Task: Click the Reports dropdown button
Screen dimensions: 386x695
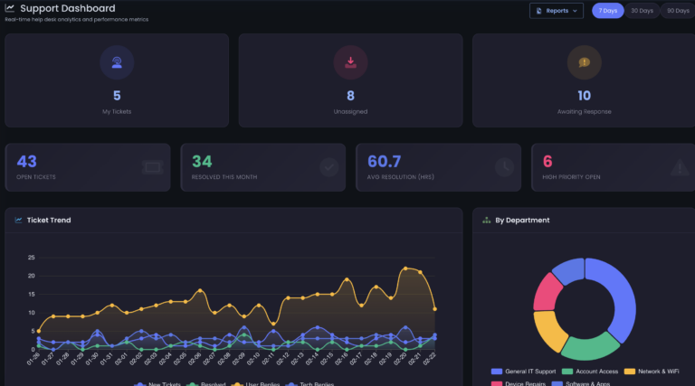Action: pos(556,11)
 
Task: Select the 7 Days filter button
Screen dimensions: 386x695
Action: pos(607,11)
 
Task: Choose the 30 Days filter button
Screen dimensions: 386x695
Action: pos(642,11)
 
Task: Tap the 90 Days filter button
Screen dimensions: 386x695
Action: pos(677,11)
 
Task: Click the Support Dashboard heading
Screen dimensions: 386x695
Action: pos(67,8)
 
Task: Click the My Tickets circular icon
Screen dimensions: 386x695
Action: pos(117,62)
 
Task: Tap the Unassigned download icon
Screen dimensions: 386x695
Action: pos(350,62)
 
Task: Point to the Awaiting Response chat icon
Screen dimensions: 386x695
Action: pos(584,62)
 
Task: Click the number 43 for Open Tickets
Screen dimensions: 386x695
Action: pos(27,161)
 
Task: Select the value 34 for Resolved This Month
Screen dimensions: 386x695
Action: pos(202,161)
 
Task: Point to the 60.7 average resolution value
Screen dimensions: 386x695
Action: pos(384,161)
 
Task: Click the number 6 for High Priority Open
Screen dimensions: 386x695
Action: pos(547,161)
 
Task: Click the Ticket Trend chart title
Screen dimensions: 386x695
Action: pos(48,220)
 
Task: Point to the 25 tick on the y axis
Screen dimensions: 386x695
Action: pos(31,257)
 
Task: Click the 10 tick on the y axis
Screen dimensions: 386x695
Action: pos(31,313)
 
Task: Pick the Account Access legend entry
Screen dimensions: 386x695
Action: pos(592,372)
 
